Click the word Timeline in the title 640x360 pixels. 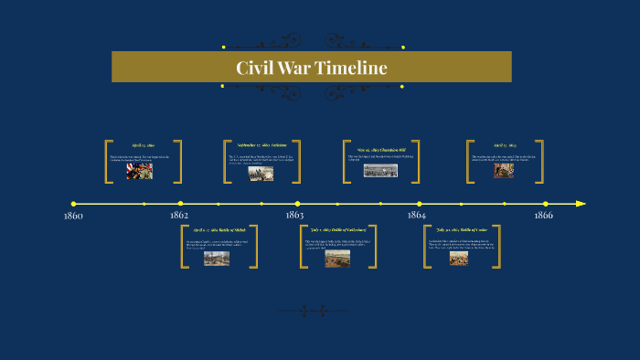tap(351, 69)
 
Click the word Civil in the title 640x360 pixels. tap(254, 69)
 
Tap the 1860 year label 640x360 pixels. tap(73, 216)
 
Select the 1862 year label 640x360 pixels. tap(179, 216)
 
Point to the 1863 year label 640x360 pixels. tap(294, 216)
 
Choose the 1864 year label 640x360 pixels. tap(417, 216)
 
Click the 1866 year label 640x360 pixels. tap(544, 216)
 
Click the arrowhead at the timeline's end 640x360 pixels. tap(581, 204)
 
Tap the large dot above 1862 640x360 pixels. tap(180, 204)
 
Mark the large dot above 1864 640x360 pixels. tap(420, 204)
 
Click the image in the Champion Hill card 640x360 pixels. tap(379, 170)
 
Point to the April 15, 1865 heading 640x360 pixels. tap(506, 145)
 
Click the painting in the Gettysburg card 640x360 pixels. tap(337, 259)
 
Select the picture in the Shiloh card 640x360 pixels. tap(217, 259)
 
